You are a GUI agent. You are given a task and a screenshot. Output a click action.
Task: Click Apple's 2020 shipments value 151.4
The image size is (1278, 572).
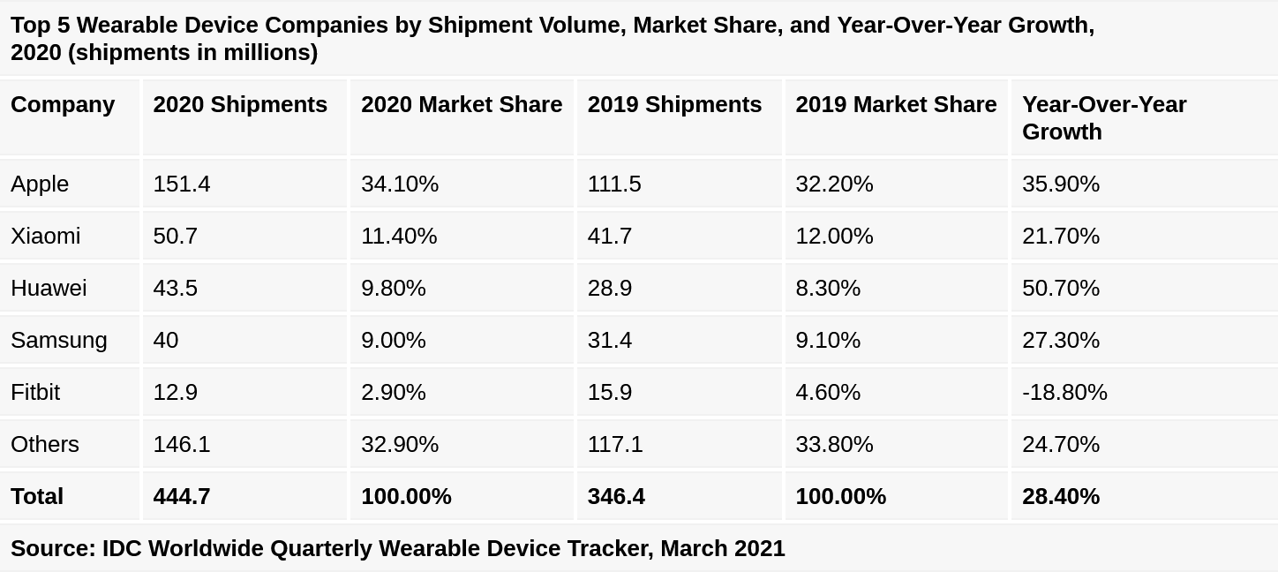182,184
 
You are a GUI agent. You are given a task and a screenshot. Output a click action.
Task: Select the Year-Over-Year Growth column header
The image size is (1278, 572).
1104,117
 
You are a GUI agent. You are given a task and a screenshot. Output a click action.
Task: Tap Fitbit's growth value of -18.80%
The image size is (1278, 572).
1064,392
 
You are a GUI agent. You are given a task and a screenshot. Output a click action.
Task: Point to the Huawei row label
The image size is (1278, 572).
49,288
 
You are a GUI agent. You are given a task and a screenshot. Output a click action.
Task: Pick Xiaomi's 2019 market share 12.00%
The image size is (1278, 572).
834,236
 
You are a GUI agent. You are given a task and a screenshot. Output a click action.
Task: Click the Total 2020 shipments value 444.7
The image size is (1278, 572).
182,496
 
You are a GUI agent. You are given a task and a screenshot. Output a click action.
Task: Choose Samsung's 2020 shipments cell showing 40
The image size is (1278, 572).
166,340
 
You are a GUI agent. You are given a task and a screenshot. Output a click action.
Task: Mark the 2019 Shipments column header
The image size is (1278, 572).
674,104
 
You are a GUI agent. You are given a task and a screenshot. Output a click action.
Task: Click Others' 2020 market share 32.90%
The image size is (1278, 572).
400,444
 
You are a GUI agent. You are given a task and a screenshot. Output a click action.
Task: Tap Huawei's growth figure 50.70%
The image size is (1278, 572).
1061,288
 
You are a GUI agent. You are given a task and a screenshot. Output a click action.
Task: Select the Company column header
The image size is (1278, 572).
63,104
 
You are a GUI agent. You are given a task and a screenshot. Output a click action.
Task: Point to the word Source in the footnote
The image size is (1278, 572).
53,548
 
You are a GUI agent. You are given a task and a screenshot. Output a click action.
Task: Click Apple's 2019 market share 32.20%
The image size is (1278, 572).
834,184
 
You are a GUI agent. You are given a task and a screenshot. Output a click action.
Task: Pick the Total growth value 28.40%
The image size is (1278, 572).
1061,496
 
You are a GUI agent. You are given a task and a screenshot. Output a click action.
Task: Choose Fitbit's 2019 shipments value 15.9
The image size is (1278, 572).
610,392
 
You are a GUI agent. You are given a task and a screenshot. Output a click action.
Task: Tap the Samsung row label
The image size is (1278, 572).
59,340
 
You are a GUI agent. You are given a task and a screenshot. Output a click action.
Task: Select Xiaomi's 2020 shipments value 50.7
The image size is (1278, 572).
176,236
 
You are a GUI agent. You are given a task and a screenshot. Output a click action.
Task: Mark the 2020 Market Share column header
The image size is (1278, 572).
462,104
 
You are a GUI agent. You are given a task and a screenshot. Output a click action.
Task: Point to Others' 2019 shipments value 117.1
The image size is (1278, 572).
615,444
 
